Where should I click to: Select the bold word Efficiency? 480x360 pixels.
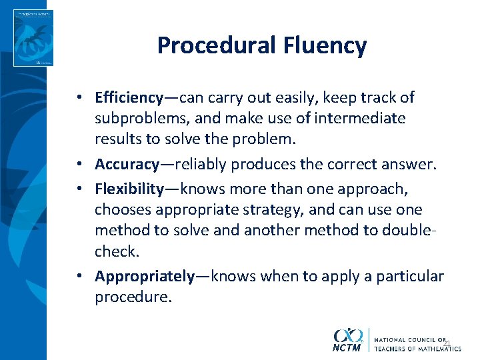[x=129, y=97]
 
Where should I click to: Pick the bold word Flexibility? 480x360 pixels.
[x=129, y=189]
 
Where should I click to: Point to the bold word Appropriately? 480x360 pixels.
[x=145, y=275]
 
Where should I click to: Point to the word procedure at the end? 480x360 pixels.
[x=133, y=297]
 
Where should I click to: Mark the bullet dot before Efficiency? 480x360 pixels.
[x=79, y=98]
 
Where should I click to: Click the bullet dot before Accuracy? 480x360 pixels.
[x=79, y=165]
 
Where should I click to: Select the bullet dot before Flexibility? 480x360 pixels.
[x=79, y=189]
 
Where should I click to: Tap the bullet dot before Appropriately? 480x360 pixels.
[x=79, y=276]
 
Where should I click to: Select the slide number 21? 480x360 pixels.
[x=447, y=343]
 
